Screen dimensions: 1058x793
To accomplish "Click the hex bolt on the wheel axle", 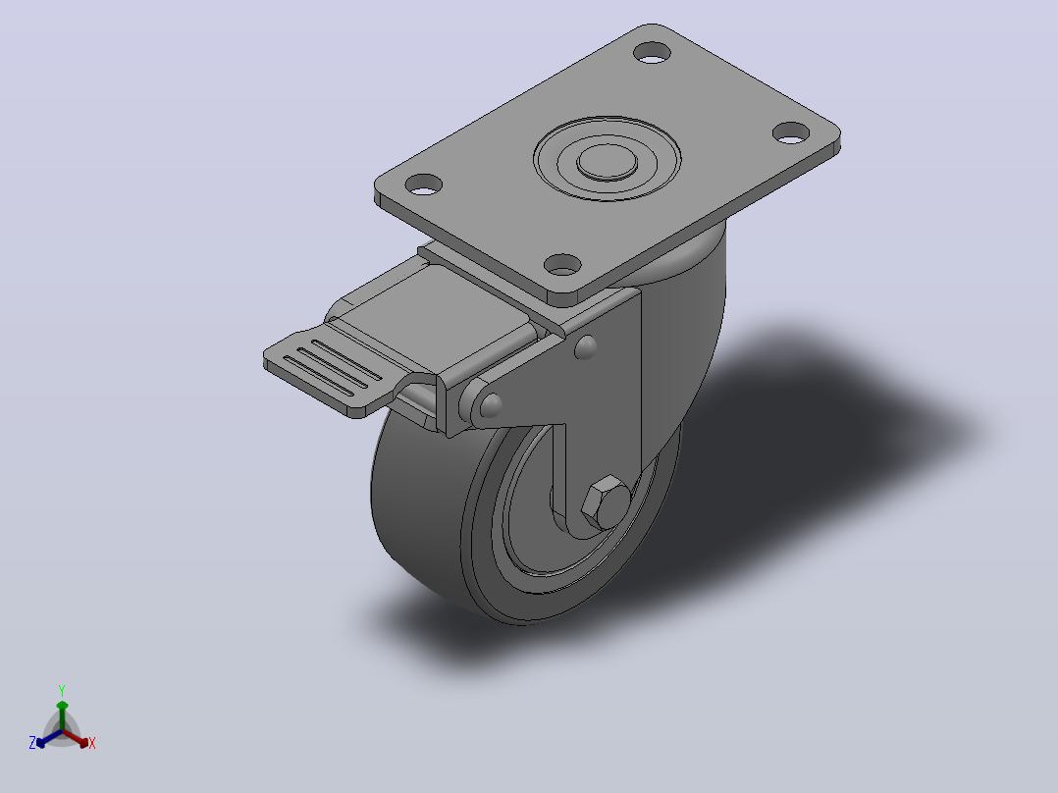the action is point(606,502).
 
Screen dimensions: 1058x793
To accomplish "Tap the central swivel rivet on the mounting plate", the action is point(607,162).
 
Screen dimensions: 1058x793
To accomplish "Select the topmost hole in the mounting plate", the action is point(653,53).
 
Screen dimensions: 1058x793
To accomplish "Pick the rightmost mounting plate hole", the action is point(791,132).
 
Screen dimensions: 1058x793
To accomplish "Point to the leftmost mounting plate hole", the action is point(423,185).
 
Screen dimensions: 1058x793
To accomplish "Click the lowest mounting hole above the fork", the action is point(562,265).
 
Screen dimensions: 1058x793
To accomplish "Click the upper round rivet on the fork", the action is point(585,346).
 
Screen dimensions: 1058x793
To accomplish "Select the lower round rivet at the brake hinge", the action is point(490,404).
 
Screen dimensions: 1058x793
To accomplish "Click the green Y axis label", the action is point(62,691).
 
